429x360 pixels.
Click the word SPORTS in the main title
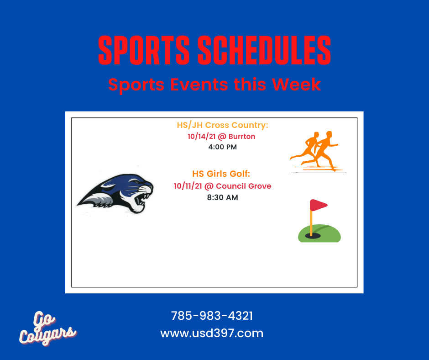pos(144,50)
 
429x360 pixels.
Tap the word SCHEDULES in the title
pos(264,50)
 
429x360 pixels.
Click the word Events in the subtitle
pos(199,84)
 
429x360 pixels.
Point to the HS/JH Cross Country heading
pos(222,125)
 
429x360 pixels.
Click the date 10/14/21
pos(201,137)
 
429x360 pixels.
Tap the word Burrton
pos(242,137)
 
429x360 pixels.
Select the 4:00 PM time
pos(222,147)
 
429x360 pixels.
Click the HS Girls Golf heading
pos(221,174)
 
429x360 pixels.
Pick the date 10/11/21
pos(188,186)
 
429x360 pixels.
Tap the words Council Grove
pos(244,186)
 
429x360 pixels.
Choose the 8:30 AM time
pos(222,197)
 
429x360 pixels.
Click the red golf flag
pos(318,205)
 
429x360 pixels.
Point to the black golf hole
pos(313,236)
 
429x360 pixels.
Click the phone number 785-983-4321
pos(212,316)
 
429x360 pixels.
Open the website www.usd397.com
pos(212,333)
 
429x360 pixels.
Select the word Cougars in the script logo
pos(47,335)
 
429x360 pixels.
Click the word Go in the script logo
pos(44,319)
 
